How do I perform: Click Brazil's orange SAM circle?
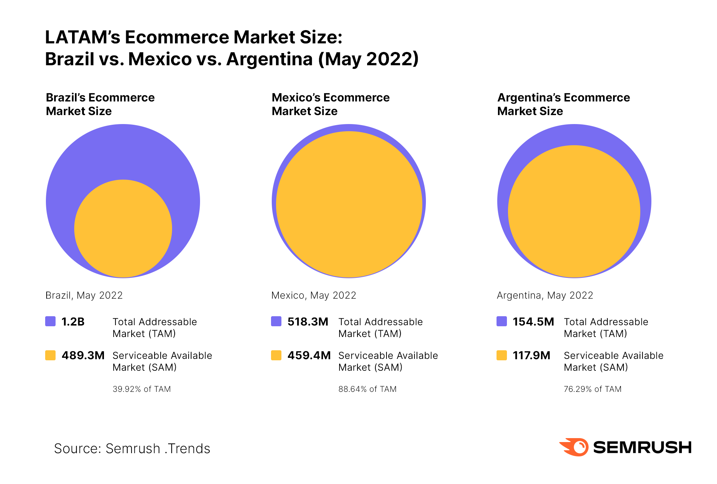pyautogui.click(x=123, y=228)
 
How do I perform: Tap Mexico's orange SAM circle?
pyautogui.click(x=349, y=204)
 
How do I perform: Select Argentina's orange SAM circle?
pyautogui.click(x=574, y=211)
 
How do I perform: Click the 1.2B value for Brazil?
pyautogui.click(x=73, y=322)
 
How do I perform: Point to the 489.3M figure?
pyautogui.click(x=83, y=355)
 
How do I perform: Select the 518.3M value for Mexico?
pyautogui.click(x=308, y=322)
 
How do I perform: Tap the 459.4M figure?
pyautogui.click(x=309, y=355)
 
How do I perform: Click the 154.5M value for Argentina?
pyautogui.click(x=533, y=322)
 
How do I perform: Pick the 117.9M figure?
pyautogui.click(x=531, y=355)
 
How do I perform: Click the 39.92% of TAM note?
pyautogui.click(x=142, y=389)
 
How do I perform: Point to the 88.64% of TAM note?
pyautogui.click(x=367, y=389)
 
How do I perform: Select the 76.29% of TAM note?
pyautogui.click(x=593, y=389)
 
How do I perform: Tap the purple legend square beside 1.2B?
pyautogui.click(x=51, y=321)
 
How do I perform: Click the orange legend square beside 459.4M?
pyautogui.click(x=276, y=355)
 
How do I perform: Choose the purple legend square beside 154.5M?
pyautogui.click(x=502, y=321)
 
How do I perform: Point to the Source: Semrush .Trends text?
pyautogui.click(x=132, y=449)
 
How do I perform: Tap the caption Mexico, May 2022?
pyautogui.click(x=314, y=295)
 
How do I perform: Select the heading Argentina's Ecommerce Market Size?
pyautogui.click(x=563, y=104)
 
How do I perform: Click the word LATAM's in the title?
pyautogui.click(x=82, y=37)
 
